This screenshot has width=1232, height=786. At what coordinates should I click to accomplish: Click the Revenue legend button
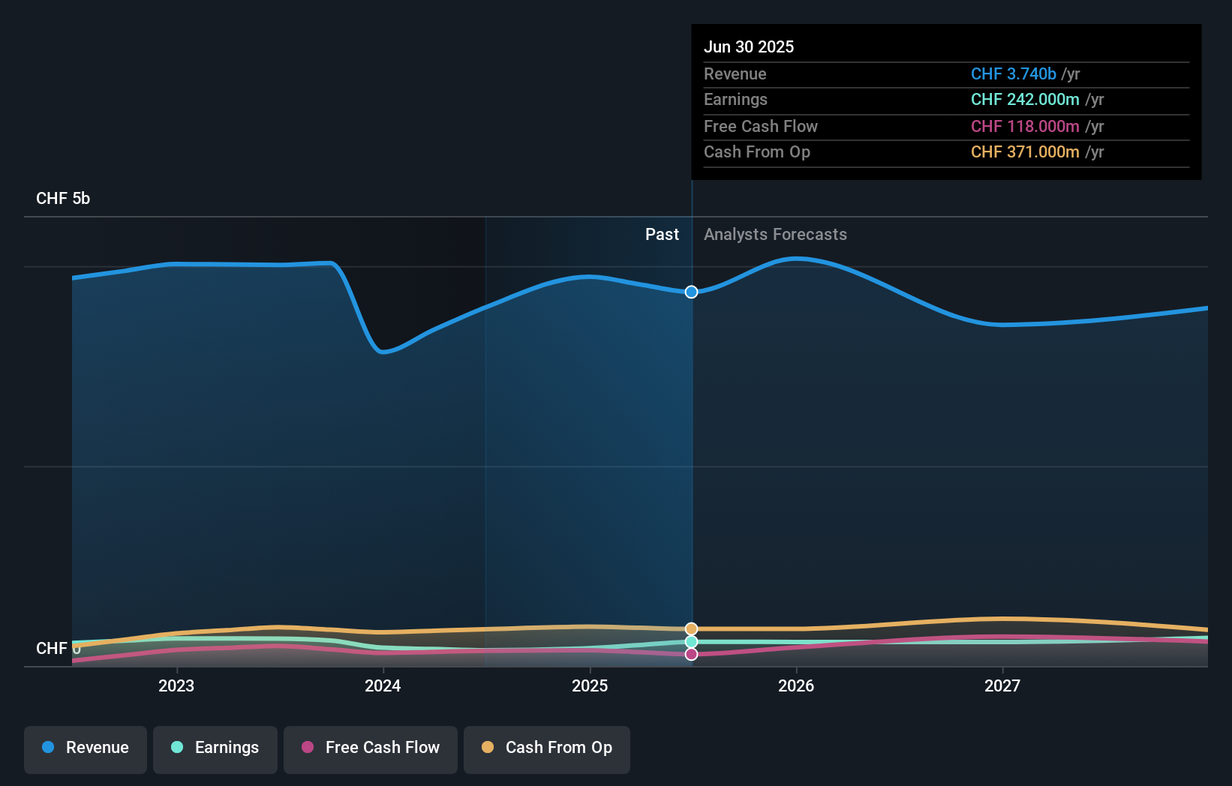[x=86, y=748]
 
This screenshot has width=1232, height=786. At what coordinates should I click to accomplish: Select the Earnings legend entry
[x=215, y=748]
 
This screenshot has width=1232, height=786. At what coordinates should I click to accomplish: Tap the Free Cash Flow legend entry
[x=371, y=748]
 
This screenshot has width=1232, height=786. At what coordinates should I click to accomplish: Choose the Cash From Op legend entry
[x=547, y=748]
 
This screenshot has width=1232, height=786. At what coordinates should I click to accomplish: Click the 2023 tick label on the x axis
[x=176, y=686]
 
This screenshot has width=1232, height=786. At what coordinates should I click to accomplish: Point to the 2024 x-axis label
[x=383, y=686]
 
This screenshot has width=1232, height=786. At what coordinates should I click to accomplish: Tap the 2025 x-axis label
[x=590, y=686]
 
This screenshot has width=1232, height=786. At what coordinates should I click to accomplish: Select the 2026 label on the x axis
[x=796, y=686]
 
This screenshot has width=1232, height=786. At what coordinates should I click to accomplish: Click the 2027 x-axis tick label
[x=1002, y=686]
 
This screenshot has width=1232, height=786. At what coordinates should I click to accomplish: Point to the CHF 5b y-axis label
[x=63, y=199]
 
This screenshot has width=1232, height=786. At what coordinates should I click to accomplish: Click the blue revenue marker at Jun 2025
[x=692, y=292]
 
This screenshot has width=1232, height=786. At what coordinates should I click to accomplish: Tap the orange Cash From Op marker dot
[x=692, y=628]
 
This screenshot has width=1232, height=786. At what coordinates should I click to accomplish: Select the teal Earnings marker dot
[x=692, y=642]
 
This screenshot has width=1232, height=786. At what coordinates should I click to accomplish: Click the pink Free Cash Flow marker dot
[x=692, y=655]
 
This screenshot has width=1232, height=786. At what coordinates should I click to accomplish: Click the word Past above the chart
[x=662, y=235]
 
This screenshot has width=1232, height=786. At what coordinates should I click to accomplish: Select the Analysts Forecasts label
[x=775, y=235]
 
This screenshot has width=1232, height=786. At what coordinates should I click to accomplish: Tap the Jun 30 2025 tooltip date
[x=749, y=47]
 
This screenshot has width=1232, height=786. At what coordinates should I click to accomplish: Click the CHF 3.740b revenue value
[x=1013, y=74]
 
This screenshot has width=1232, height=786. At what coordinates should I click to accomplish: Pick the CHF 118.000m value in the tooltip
[x=1025, y=127]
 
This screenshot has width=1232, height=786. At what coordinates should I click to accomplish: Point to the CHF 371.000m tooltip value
[x=1025, y=152]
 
